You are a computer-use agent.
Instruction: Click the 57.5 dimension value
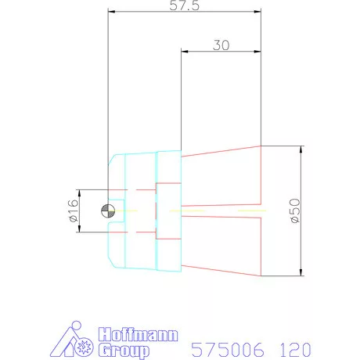(184, 5)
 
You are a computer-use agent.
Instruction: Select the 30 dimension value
(221, 45)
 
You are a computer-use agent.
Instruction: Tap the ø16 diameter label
(74, 211)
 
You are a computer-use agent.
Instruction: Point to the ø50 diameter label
(295, 211)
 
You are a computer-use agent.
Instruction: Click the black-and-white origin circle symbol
(108, 211)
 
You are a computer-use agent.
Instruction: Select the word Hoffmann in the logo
(139, 334)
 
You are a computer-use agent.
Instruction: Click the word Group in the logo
(124, 351)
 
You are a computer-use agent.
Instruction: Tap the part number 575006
(228, 350)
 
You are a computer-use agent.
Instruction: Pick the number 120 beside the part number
(295, 350)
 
